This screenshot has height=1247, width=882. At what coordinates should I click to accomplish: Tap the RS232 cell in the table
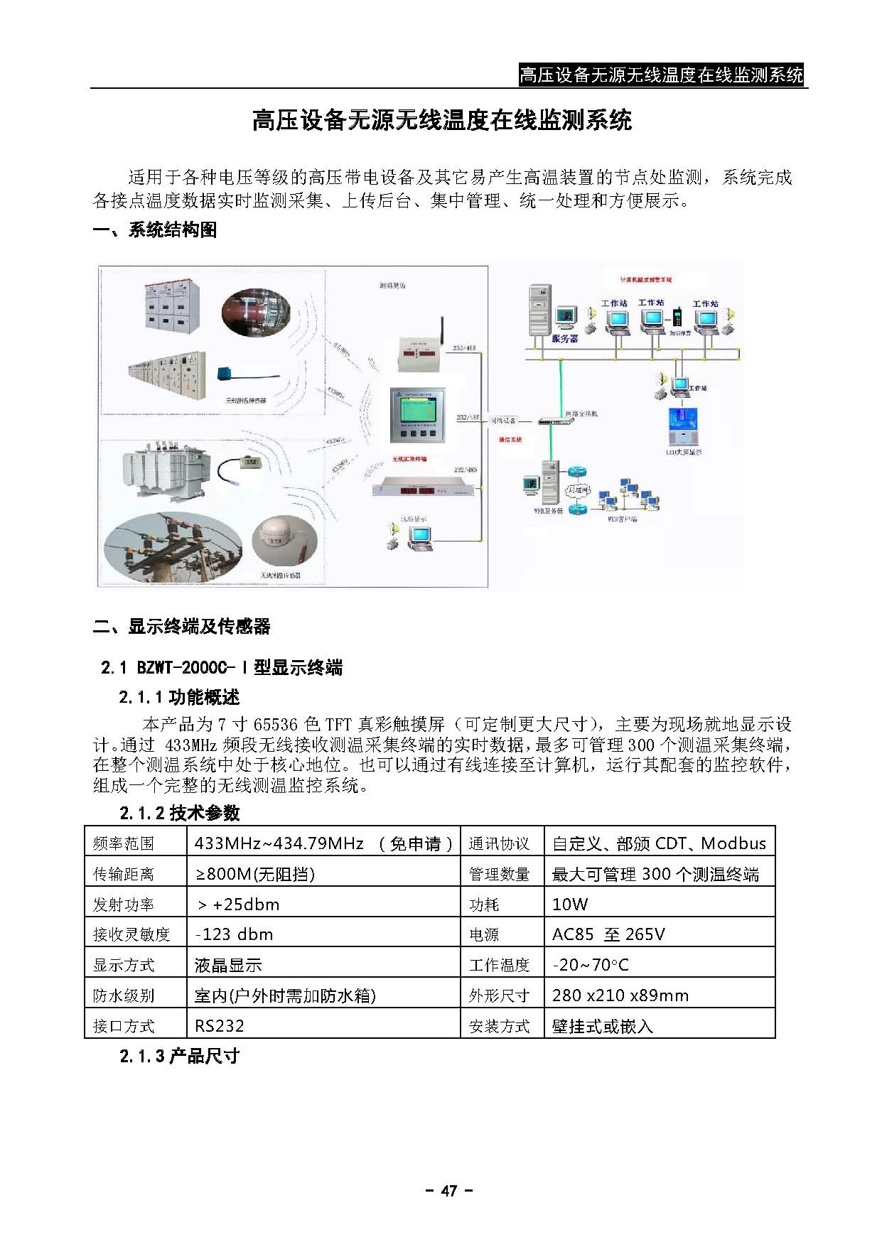point(220,1025)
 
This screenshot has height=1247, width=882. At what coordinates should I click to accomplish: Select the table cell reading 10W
point(570,904)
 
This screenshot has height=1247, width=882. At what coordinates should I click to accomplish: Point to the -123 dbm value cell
point(234,934)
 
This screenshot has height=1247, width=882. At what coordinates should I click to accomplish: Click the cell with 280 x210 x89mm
point(620,995)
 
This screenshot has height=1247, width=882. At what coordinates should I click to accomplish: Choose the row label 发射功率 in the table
point(124,904)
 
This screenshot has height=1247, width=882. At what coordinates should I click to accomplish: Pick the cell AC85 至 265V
point(608,934)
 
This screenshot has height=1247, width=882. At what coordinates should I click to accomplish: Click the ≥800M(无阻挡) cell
point(254,873)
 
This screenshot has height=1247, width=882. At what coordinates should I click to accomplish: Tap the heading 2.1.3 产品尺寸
point(179,1056)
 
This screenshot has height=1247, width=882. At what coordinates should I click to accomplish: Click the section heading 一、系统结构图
point(155,230)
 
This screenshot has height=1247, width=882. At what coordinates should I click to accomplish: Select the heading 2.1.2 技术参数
point(179,813)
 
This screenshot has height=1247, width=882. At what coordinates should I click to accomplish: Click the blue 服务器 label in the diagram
point(564,339)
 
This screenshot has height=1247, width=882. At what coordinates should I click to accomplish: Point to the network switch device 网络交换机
point(555,421)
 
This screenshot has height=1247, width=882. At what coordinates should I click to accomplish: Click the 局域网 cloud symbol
point(577,490)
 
